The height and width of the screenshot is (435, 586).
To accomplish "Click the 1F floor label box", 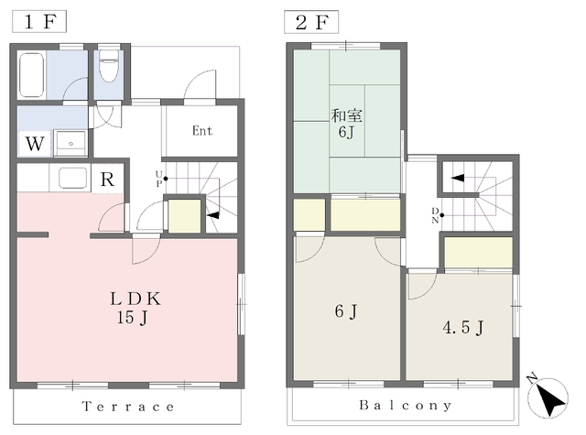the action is tap(39, 21).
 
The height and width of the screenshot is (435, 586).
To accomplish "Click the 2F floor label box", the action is tap(311, 22).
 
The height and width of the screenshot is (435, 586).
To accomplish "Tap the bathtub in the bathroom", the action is tap(32, 75).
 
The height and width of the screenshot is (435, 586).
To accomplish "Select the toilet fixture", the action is tap(109, 66).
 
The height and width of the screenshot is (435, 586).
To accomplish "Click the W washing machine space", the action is tap(35, 144).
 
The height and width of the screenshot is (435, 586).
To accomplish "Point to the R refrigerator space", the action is tap(107, 179).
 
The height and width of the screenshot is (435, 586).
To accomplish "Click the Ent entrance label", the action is tap(202, 131).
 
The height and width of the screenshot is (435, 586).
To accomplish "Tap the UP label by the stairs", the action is tap(159, 179).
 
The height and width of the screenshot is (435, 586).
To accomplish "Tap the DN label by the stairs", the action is tap(436, 215).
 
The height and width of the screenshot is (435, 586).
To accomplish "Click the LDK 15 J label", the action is tap(136, 308).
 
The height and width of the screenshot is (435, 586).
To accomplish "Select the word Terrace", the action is tap(128, 407).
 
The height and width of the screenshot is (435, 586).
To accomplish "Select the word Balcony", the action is tap(406, 405).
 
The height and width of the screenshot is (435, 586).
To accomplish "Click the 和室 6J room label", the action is tap(346, 124).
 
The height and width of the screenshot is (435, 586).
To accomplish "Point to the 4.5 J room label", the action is tap(463, 328).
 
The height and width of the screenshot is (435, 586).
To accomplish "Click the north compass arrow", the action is tap(548, 397).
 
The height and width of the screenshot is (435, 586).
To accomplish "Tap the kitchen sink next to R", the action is tap(72, 178).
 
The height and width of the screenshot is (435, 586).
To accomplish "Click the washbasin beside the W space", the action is tap(71, 142).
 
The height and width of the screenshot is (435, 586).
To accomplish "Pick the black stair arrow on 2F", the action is tap(458, 178).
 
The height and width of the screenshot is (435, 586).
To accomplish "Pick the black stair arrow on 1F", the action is tap(213, 215).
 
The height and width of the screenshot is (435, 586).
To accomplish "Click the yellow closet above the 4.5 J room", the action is tap(478, 252).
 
